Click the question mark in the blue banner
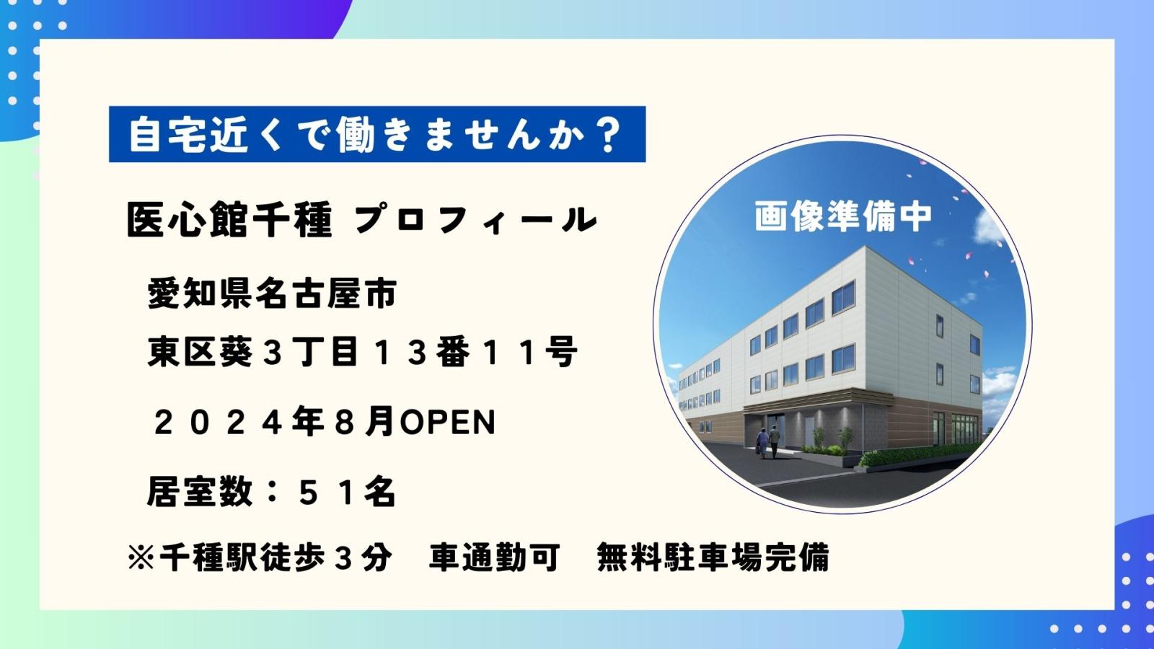(x=609, y=134)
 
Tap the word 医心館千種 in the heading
(x=229, y=220)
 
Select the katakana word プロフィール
(x=476, y=220)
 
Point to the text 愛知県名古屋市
(x=273, y=293)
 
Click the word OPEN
(x=448, y=423)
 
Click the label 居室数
(x=200, y=493)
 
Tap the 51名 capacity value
(x=347, y=493)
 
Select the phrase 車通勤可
(x=495, y=557)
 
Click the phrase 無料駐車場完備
(x=713, y=557)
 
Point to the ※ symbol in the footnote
(x=141, y=557)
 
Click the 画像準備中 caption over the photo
(x=843, y=216)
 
